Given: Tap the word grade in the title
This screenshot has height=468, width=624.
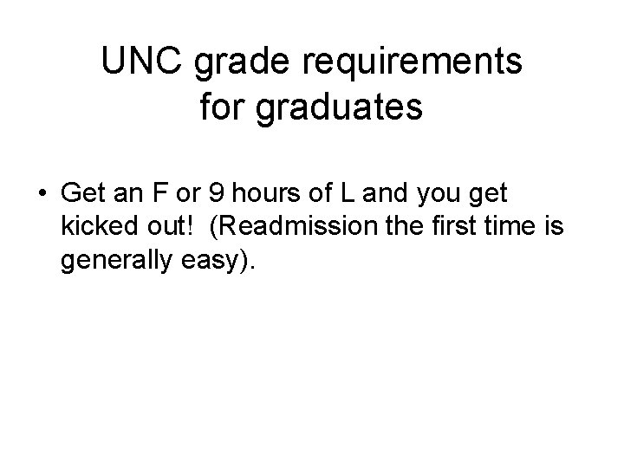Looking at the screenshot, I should coord(229,62).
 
